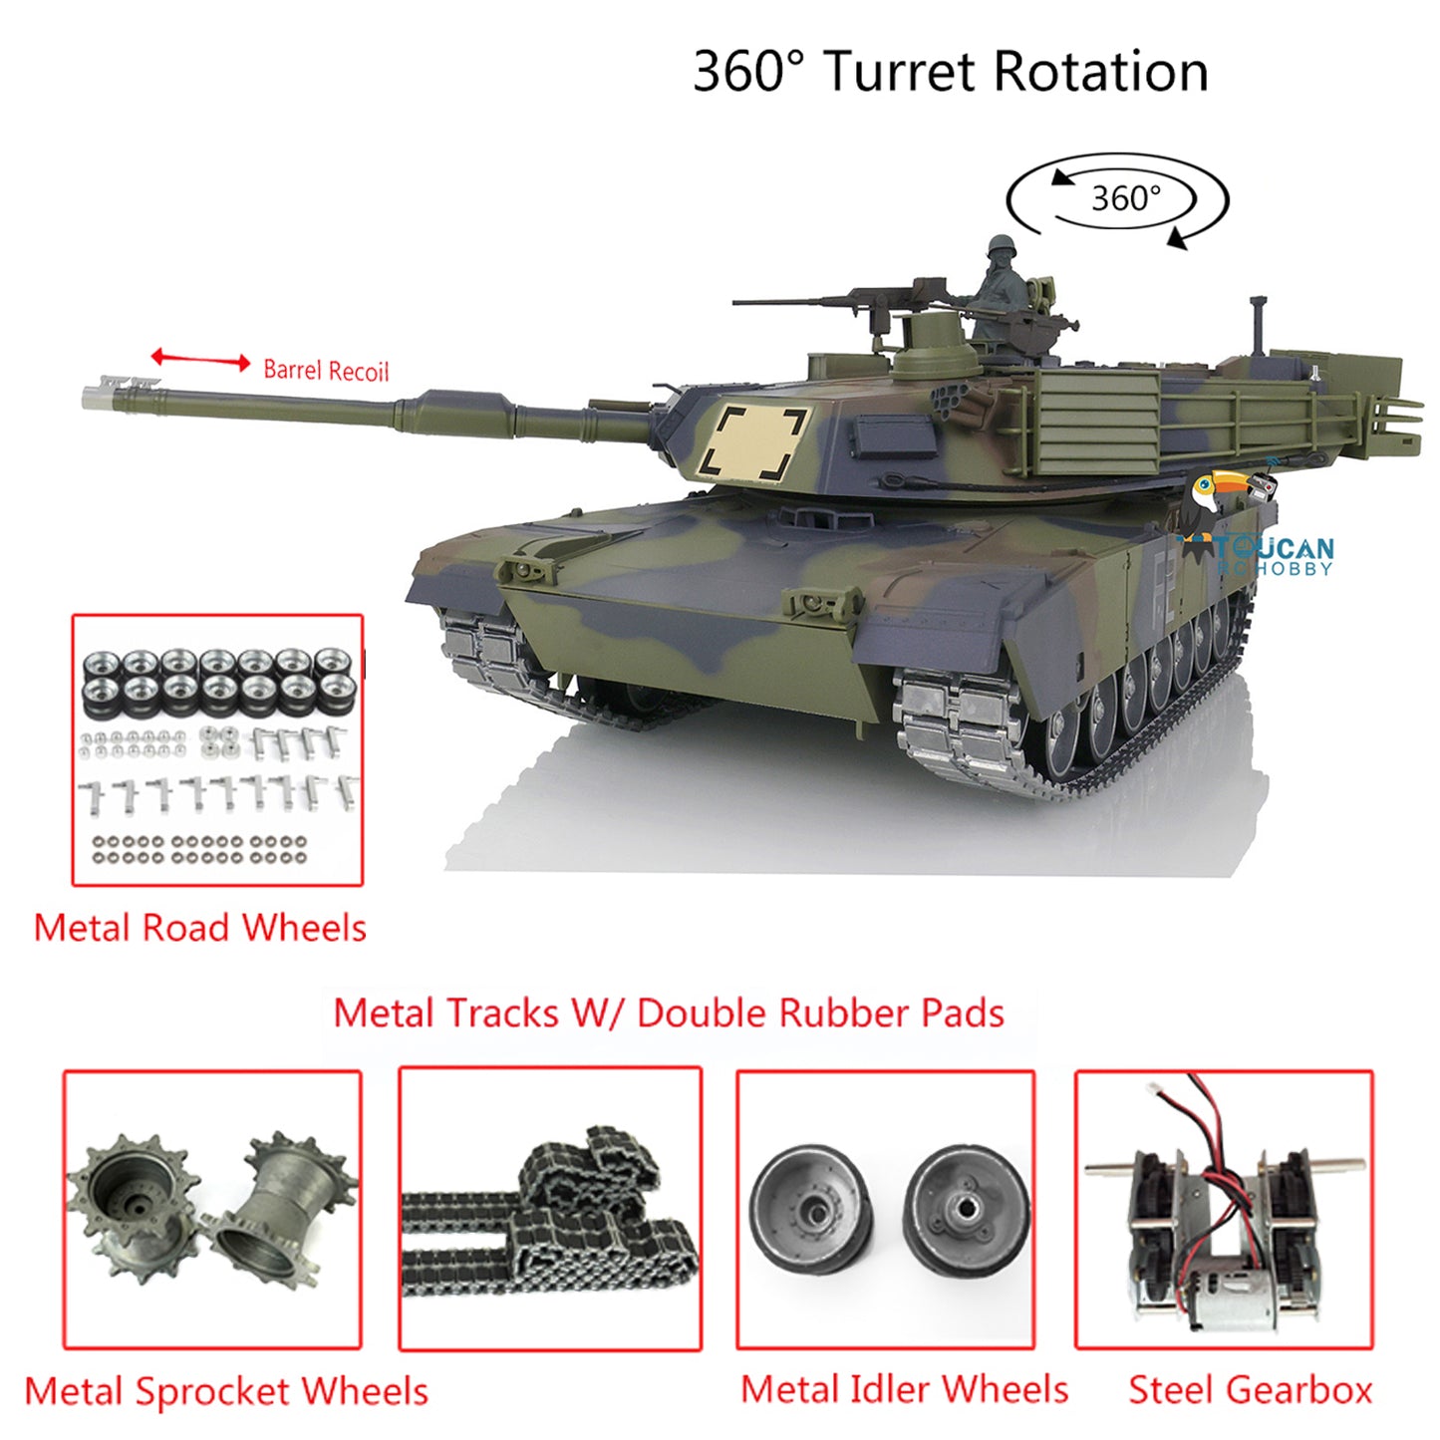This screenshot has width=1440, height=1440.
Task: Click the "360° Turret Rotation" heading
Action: point(951,72)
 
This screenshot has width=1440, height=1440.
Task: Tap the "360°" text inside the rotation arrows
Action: point(1126,198)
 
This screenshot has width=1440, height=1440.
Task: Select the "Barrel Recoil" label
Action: point(326,371)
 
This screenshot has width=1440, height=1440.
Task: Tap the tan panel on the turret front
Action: point(752,443)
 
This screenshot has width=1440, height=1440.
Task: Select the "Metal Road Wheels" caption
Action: point(200,928)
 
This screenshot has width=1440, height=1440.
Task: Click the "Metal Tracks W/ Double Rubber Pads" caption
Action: point(668,1013)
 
